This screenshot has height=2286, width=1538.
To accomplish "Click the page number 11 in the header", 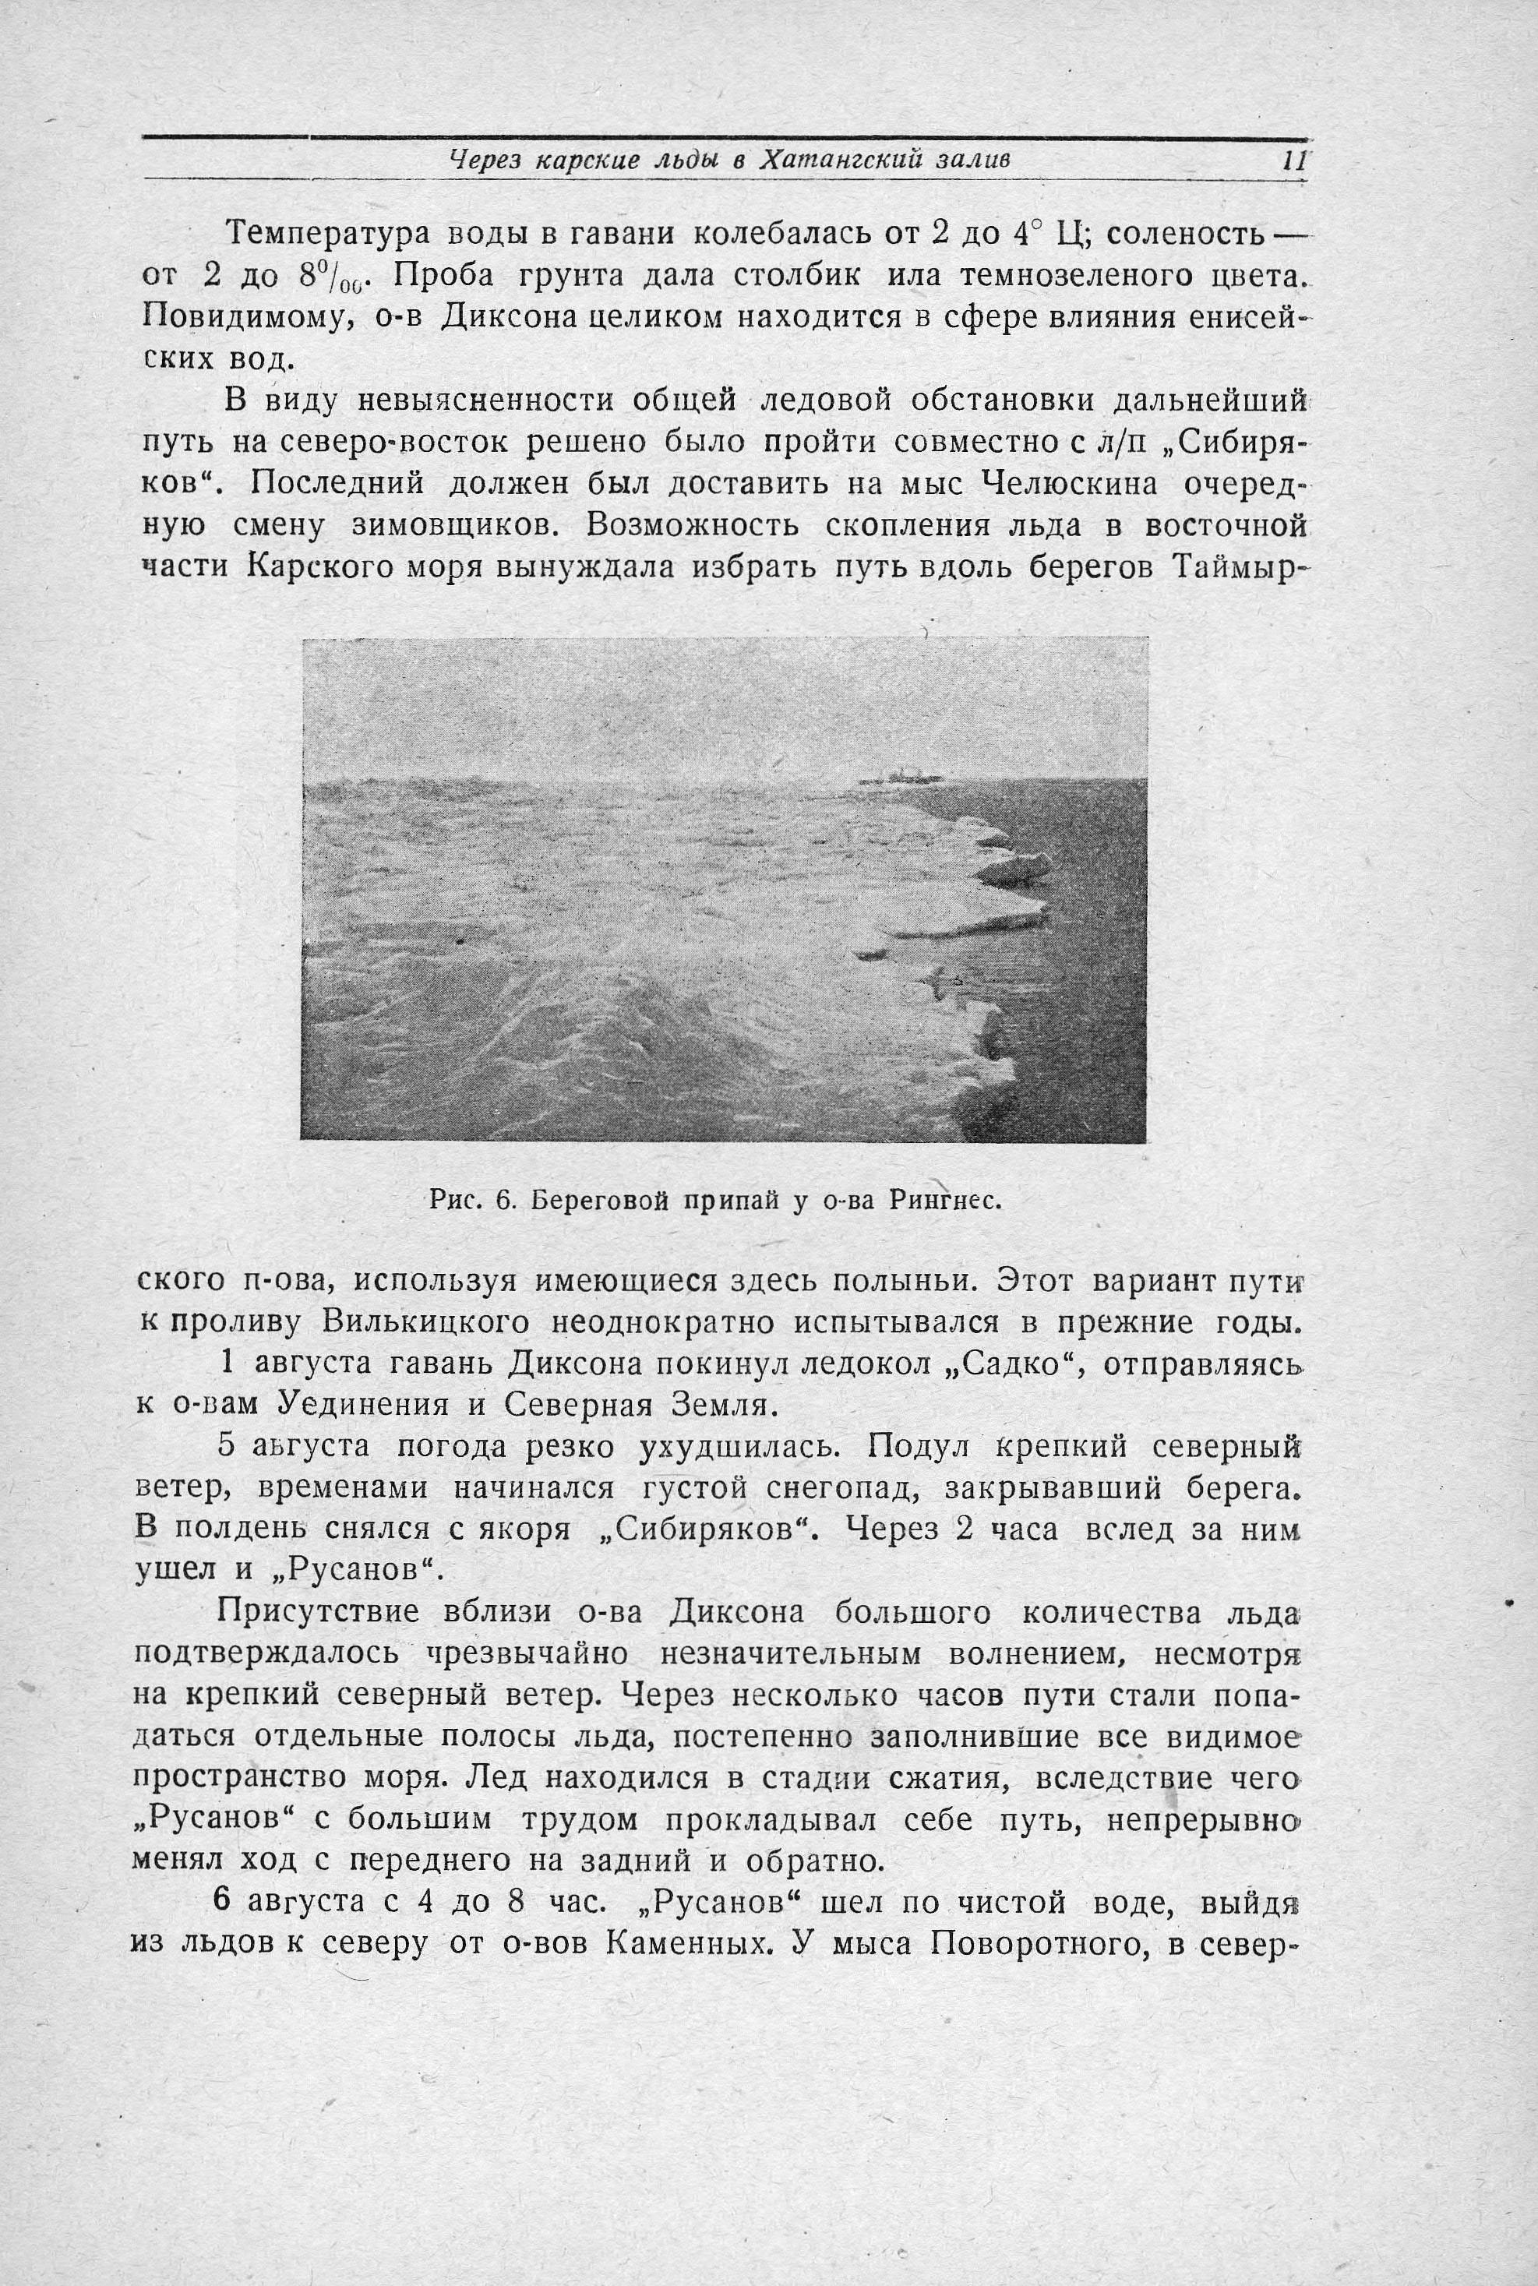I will [1294, 161].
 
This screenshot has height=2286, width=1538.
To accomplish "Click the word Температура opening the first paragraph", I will [326, 235].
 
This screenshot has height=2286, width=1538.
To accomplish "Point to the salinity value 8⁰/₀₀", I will [329, 277].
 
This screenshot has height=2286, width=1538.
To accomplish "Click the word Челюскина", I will [1068, 484].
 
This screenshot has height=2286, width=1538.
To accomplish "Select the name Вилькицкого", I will [428, 1323].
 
